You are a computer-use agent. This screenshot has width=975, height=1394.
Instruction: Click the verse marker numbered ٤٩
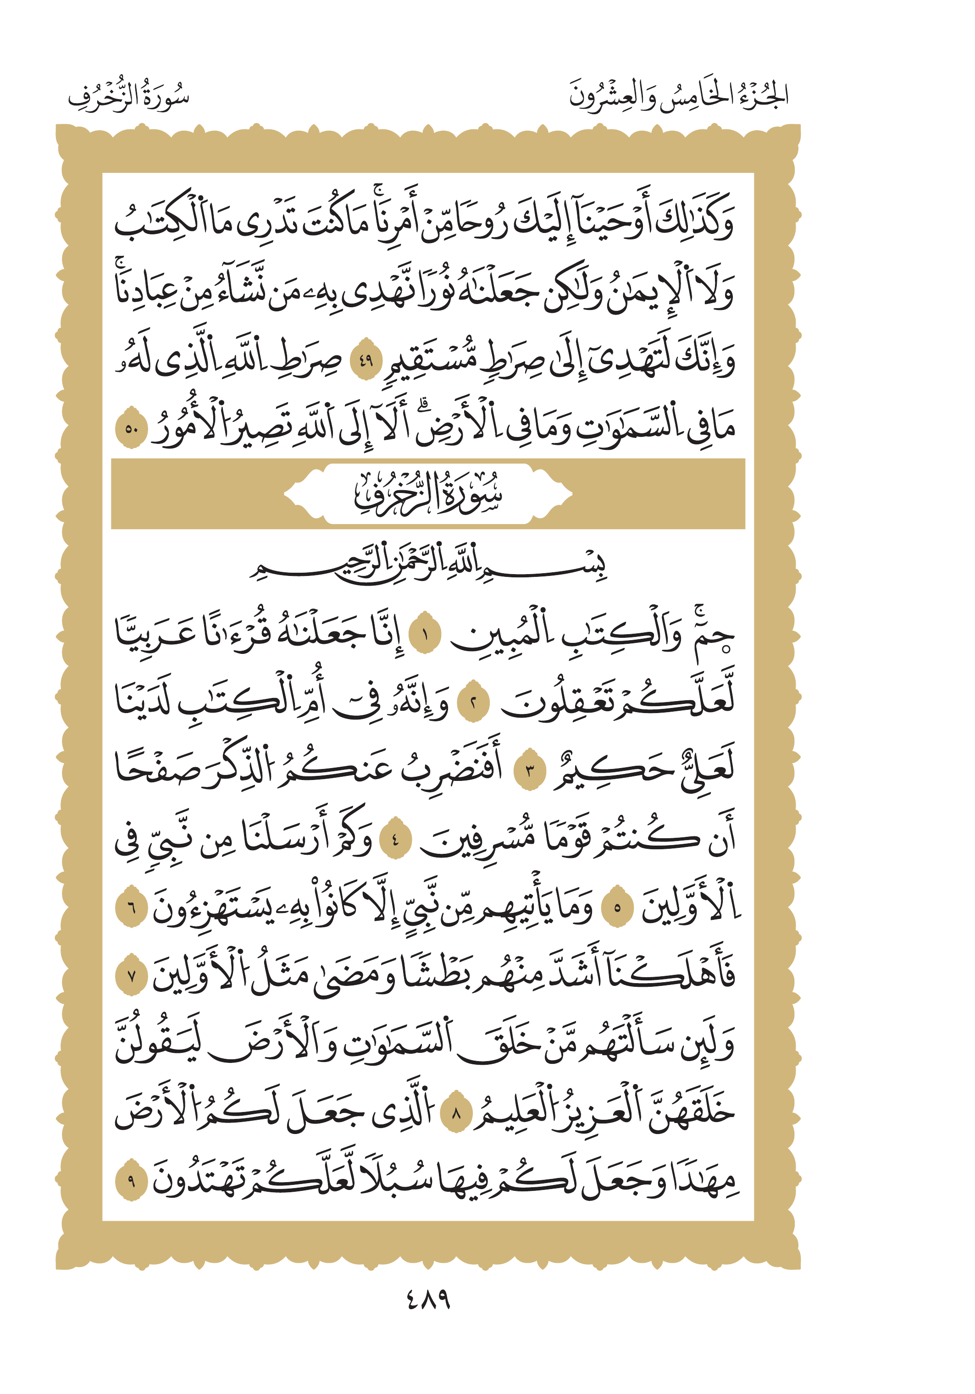coord(366,362)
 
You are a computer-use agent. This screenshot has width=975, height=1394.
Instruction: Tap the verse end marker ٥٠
coord(132,429)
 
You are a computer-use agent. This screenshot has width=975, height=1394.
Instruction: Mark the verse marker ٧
coord(132,977)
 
